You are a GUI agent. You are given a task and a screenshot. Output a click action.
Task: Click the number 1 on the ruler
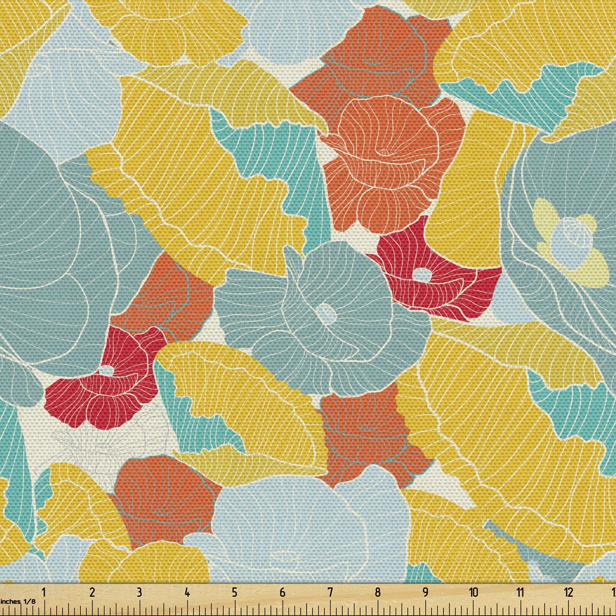point(44,593)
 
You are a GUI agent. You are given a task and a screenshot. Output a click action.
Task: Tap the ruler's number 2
point(92,593)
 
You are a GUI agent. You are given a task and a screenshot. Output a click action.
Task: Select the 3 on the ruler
point(139,593)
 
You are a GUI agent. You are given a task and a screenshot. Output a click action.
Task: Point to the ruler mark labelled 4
point(187,593)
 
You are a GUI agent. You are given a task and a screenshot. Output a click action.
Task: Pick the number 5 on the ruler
point(234,593)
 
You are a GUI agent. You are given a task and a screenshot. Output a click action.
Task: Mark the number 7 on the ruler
point(330,593)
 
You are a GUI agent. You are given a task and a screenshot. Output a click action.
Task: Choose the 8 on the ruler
point(377,593)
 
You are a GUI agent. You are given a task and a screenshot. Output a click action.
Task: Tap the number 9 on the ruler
point(425,593)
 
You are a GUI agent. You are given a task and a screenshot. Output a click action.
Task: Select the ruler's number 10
point(473,593)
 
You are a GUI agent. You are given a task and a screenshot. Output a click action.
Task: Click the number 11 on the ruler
point(521,593)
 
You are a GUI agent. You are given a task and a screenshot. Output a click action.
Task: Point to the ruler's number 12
point(568,593)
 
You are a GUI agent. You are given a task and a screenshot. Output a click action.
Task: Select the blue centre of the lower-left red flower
point(107,370)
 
